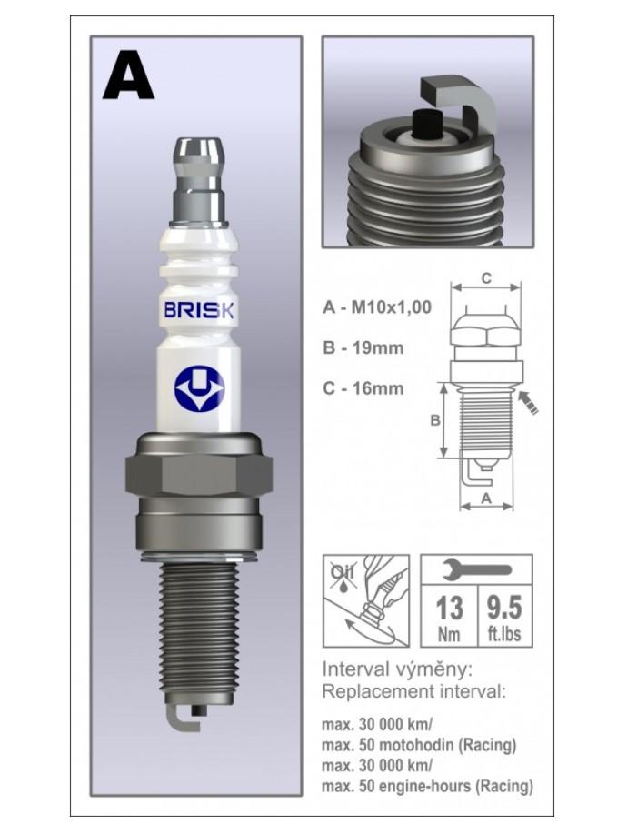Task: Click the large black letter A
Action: coord(128,75)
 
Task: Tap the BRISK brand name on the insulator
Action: coord(199,310)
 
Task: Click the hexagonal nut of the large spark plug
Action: coord(199,475)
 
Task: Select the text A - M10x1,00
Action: coord(377,307)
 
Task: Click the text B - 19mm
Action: coord(363,347)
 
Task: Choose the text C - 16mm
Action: coord(363,388)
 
